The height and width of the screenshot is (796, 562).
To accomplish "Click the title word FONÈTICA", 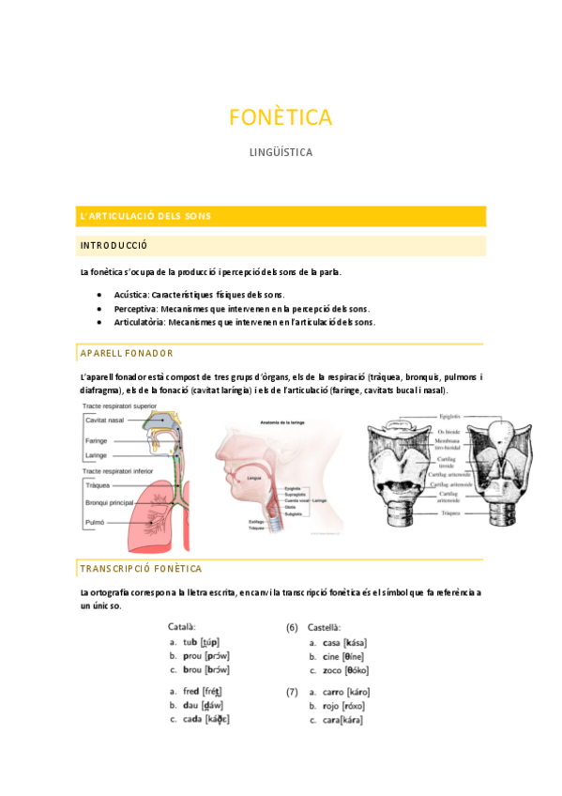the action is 281,117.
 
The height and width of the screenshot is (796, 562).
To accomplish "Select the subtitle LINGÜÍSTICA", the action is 281,151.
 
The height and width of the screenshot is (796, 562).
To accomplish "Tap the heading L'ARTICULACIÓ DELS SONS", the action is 145,217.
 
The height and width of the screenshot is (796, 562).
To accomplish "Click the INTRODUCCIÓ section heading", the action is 114,245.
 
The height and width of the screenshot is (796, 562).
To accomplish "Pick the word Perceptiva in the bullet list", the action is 137,308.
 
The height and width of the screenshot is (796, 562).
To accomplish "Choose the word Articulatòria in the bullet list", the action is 140,322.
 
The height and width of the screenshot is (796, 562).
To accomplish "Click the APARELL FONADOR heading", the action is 127,353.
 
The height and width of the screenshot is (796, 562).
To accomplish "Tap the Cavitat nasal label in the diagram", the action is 104,420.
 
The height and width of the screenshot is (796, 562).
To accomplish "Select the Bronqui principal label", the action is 109,503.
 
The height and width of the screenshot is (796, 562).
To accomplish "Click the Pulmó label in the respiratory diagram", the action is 95,521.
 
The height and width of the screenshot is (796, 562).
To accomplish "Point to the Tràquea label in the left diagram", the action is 98,485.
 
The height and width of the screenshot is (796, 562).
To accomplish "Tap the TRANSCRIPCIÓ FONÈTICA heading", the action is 141,569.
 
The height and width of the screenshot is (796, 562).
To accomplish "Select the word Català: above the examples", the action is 181,627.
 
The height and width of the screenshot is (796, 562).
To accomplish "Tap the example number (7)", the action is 292,692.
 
